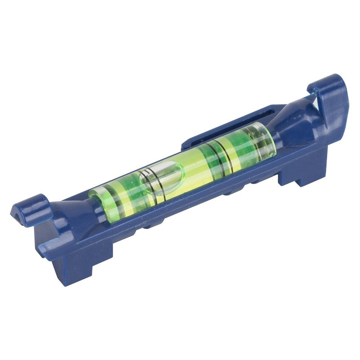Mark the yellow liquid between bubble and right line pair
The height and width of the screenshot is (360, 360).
[x=198, y=166]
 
